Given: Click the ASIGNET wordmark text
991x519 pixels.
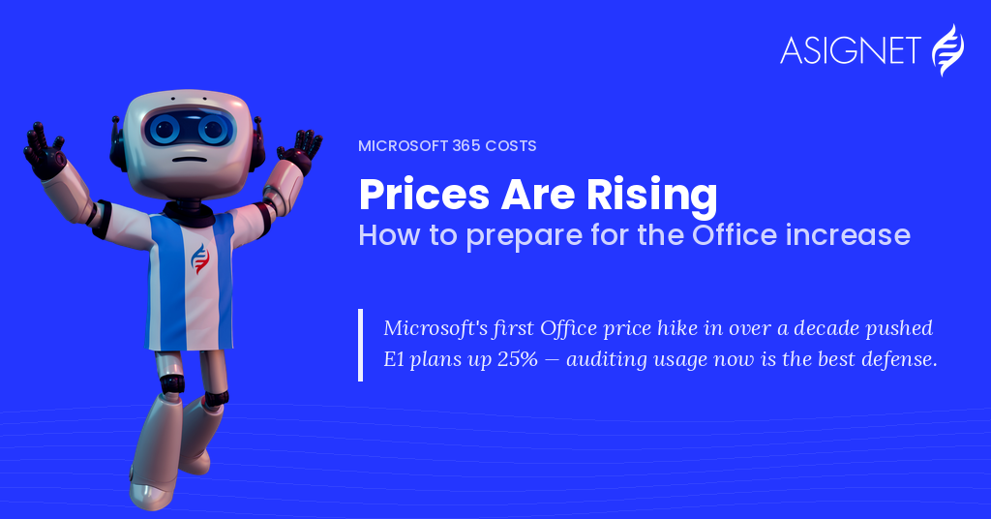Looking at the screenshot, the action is pyautogui.click(x=850, y=50).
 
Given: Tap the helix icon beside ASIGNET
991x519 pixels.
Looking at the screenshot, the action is pyautogui.click(x=948, y=50).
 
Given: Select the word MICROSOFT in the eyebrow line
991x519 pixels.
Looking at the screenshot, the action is pyautogui.click(x=403, y=146).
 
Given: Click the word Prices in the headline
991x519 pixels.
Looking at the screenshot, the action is pyautogui.click(x=424, y=194).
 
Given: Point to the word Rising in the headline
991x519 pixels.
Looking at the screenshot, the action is pyautogui.click(x=651, y=195).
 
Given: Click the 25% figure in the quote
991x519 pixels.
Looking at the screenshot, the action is pyautogui.click(x=518, y=359).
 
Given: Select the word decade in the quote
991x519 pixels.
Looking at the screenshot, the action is pyautogui.click(x=826, y=328).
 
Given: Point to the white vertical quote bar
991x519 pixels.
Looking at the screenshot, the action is pyautogui.click(x=360, y=345).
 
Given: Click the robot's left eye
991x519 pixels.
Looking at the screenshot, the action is pyautogui.click(x=164, y=130).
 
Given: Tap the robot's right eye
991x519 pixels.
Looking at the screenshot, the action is pyautogui.click(x=212, y=130).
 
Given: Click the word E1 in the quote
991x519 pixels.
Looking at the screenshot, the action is pyautogui.click(x=394, y=359).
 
